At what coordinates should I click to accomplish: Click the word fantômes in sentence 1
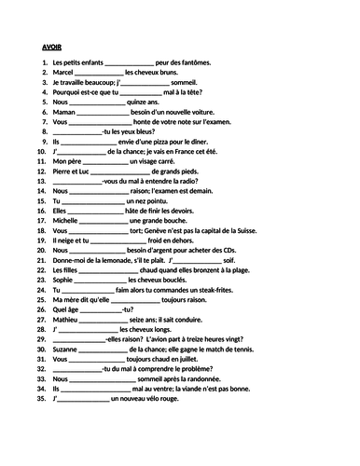click(x=193, y=62)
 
